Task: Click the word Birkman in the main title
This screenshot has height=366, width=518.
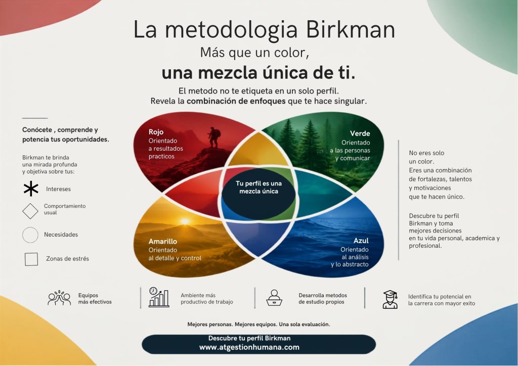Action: [x=351, y=29]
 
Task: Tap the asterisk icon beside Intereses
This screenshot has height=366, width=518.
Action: [x=31, y=189]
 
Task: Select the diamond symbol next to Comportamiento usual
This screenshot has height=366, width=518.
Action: [x=30, y=211]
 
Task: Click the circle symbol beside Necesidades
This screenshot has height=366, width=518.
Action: [x=30, y=235]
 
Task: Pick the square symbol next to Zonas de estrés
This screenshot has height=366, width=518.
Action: [x=31, y=259]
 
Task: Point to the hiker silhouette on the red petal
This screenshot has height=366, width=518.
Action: [x=214, y=138]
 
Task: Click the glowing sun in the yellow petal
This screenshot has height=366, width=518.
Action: [x=185, y=221]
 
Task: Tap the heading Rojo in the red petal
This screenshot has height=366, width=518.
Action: [x=156, y=132]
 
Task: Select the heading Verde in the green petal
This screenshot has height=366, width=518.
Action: [x=360, y=133]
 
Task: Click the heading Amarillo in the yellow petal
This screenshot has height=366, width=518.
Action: [x=163, y=241]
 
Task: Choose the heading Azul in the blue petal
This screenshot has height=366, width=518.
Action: [x=361, y=241]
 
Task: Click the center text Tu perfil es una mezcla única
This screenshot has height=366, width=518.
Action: [x=258, y=187]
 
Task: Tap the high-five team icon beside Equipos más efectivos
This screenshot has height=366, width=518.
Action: [x=60, y=298]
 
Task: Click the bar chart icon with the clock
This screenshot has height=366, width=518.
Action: [x=159, y=297]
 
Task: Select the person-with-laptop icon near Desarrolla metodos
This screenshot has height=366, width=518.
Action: [x=274, y=298]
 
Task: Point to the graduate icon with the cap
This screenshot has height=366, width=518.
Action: [x=390, y=299]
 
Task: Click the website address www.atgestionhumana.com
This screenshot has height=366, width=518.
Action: [x=249, y=347]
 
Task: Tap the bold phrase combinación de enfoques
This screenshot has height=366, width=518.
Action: [x=236, y=101]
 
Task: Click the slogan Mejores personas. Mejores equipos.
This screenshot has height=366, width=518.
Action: [x=233, y=325]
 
